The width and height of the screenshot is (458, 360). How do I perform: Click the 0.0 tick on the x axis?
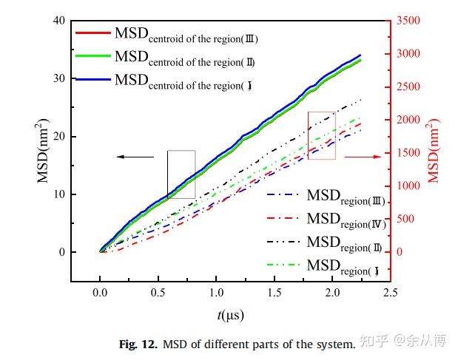(100, 293)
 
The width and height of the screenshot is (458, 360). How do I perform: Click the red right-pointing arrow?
(363, 157)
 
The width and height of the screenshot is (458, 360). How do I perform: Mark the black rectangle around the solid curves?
(181, 174)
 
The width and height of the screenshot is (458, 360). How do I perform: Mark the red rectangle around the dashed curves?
(322, 135)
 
